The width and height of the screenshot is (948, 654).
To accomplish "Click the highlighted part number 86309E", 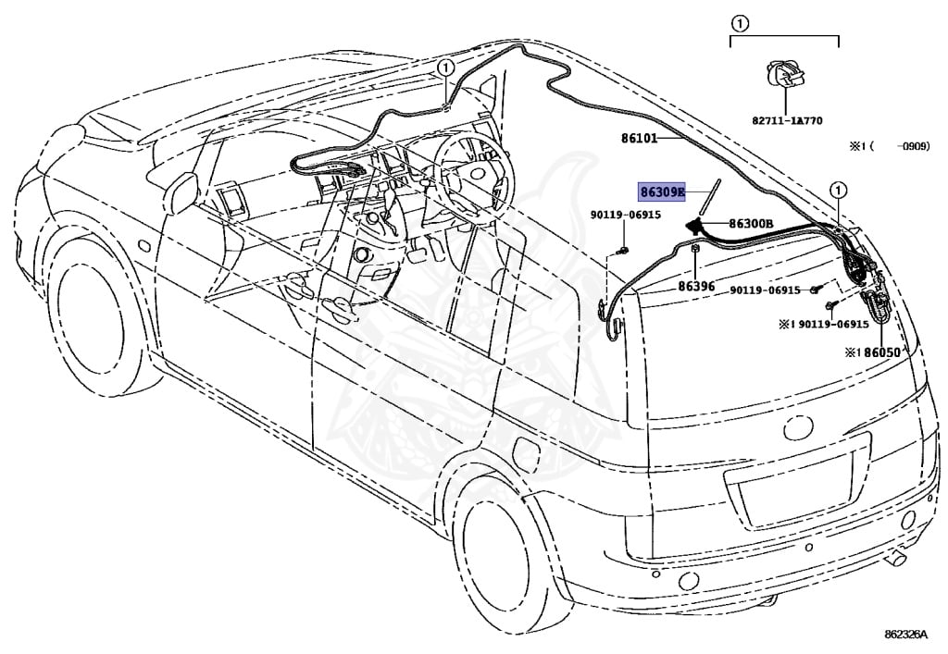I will tap(661, 192).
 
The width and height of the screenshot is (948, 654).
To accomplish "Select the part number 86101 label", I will tap(638, 139).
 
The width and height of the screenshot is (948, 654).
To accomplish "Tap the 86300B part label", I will tap(750, 223).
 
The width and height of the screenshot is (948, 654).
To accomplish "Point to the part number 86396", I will tap(696, 286).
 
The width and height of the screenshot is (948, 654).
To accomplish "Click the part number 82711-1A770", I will tap(786, 120).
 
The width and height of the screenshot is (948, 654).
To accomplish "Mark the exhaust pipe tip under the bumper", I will tap(897, 557).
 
